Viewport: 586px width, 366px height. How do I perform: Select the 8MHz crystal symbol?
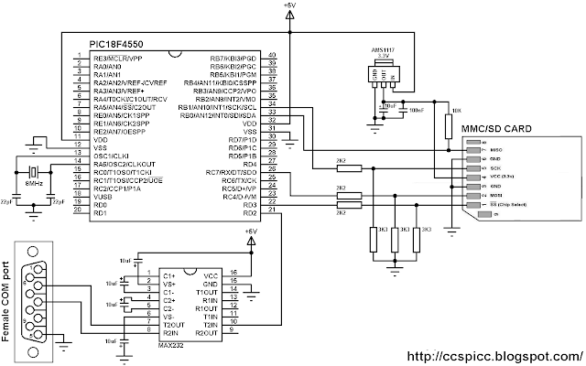[34, 174]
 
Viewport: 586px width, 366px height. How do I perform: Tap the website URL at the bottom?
[493, 354]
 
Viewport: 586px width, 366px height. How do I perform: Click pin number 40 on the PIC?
[271, 57]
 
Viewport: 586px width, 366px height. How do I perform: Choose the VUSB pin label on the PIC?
[103, 197]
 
